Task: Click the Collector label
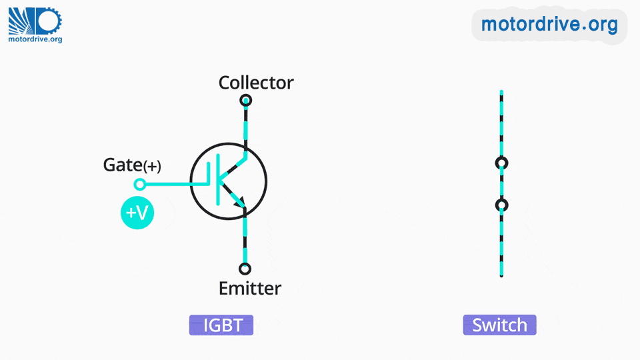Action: pos(256,83)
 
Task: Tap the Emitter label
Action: pos(250,289)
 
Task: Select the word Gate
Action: pos(122,165)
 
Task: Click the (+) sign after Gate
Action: pos(152,166)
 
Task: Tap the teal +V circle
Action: pos(137,213)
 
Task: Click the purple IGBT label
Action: pos(221,325)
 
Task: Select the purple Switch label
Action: pos(499,325)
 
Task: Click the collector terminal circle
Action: pos(245,101)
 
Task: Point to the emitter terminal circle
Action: pos(245,269)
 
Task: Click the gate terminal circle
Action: pos(139,184)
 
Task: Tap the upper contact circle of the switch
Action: pos(501,163)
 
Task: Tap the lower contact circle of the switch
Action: pos(501,205)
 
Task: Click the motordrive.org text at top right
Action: pos(549,25)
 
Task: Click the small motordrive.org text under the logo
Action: pos(35,39)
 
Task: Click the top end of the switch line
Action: pos(501,93)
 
